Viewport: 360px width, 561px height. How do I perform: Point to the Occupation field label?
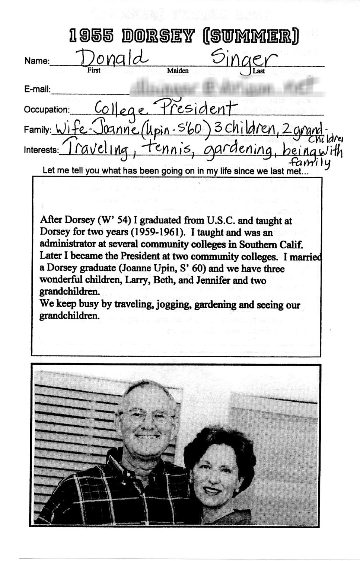pos(46,110)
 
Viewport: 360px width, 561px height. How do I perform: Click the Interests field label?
pos(41,150)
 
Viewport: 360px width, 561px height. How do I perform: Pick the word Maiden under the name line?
pos(178,71)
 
